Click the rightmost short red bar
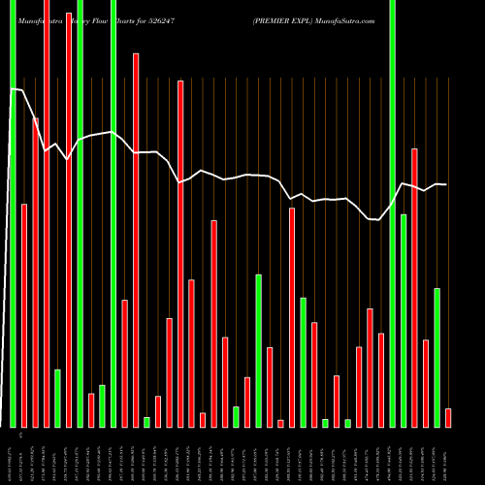tap(448, 417)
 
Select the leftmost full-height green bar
tap(13, 213)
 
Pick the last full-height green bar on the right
tap(392, 213)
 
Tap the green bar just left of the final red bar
tap(437, 357)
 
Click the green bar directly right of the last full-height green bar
tap(404, 320)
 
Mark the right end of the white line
tap(446, 184)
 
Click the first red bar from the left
tap(24, 315)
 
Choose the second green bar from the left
tap(57, 398)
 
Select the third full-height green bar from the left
tap(113, 213)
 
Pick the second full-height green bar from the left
tap(80, 213)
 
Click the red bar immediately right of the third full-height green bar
tap(124, 364)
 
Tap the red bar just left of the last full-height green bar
tap(381, 379)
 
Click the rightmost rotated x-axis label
tap(448, 455)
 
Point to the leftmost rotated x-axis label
tap(13, 455)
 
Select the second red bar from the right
tap(426, 383)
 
